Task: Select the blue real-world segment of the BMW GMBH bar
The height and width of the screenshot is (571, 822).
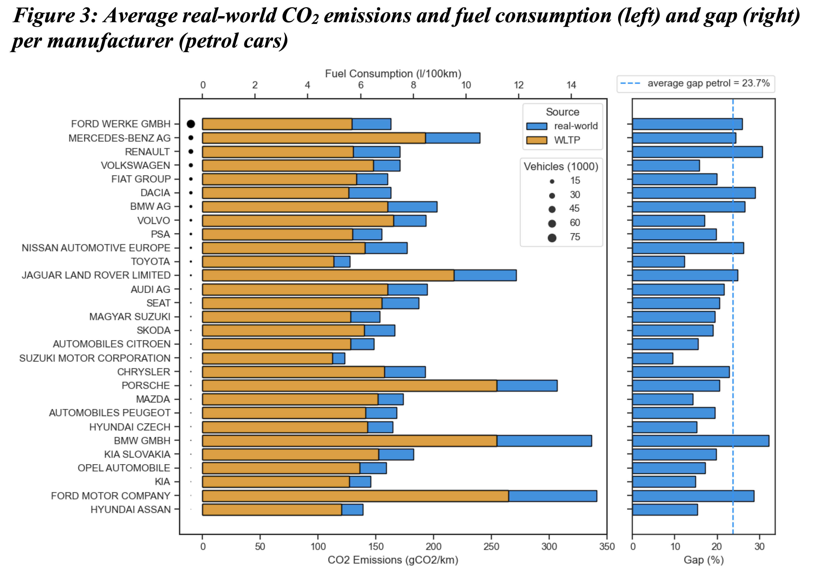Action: [544, 441]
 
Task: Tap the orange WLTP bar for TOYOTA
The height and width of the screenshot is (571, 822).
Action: [268, 262]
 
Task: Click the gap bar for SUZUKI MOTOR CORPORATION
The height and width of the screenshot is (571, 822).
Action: [652, 358]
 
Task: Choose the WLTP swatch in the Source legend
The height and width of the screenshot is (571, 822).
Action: [536, 140]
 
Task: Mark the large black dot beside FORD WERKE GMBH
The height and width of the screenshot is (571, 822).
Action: [191, 124]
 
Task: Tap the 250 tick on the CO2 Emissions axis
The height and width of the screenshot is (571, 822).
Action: [491, 546]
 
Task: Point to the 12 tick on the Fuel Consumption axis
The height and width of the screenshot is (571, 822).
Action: [518, 85]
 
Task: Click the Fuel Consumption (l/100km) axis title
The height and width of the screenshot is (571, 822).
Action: [393, 74]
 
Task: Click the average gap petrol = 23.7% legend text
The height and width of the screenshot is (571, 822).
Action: [708, 83]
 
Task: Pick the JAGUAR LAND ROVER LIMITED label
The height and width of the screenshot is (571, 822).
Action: [96, 275]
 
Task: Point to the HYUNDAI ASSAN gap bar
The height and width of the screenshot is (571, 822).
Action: [665, 510]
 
